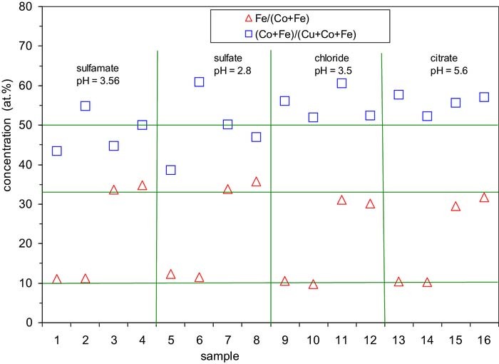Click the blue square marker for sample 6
pos(199,82)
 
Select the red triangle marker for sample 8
pos(256,182)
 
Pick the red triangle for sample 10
pos(313,285)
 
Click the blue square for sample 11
pos(341,84)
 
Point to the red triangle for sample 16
pos(484,198)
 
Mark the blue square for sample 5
pos(170,170)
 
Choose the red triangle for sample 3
pos(113,191)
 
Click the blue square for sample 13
pos(398,94)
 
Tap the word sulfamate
pos(96,69)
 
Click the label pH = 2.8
pos(232,71)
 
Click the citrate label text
pos(446,58)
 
